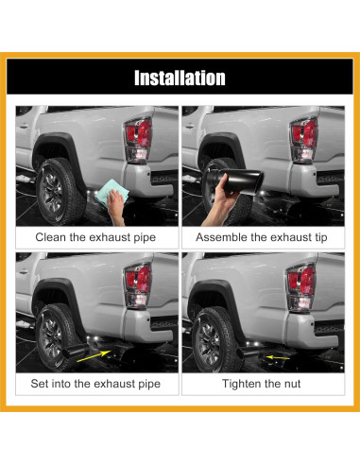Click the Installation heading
pos(180,78)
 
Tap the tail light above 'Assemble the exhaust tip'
pos(306,142)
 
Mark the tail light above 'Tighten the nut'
pos(306,287)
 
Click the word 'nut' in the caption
pos(304,384)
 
